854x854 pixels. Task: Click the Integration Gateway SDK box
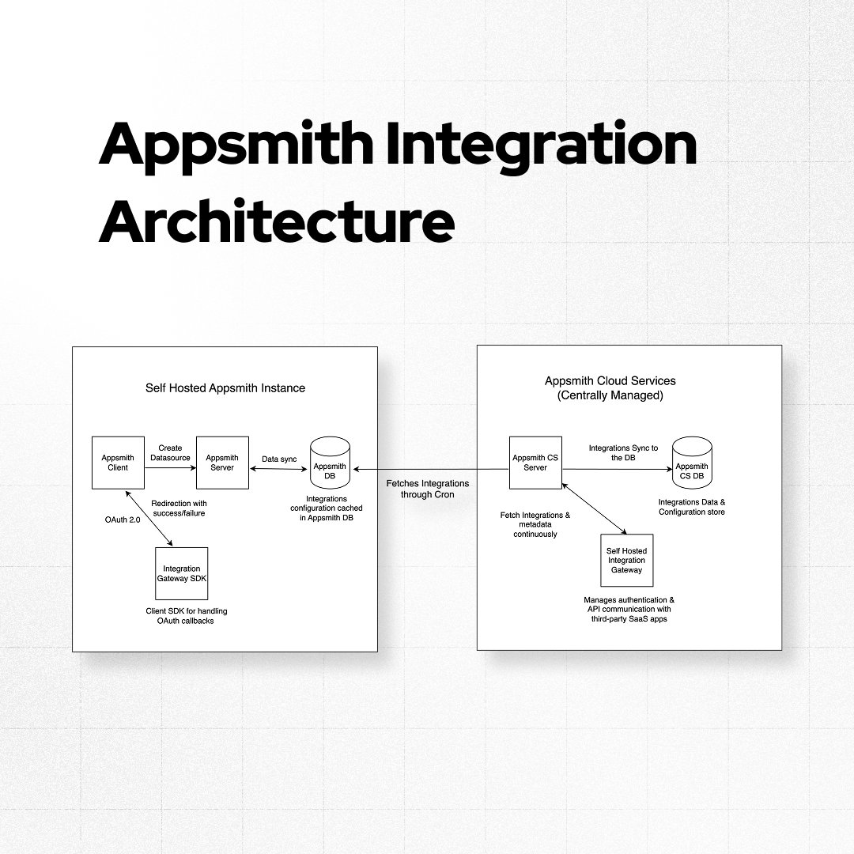coord(181,573)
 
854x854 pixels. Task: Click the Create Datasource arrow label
coord(170,453)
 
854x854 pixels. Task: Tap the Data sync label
coord(279,459)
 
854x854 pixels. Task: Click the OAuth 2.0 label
coord(123,518)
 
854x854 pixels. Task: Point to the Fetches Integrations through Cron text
coord(428,489)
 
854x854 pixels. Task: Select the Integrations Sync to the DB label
coord(623,453)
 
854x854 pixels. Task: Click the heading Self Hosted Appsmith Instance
coord(225,388)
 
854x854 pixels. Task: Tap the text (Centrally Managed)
coord(610,395)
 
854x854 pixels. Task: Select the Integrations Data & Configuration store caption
coord(691,507)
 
